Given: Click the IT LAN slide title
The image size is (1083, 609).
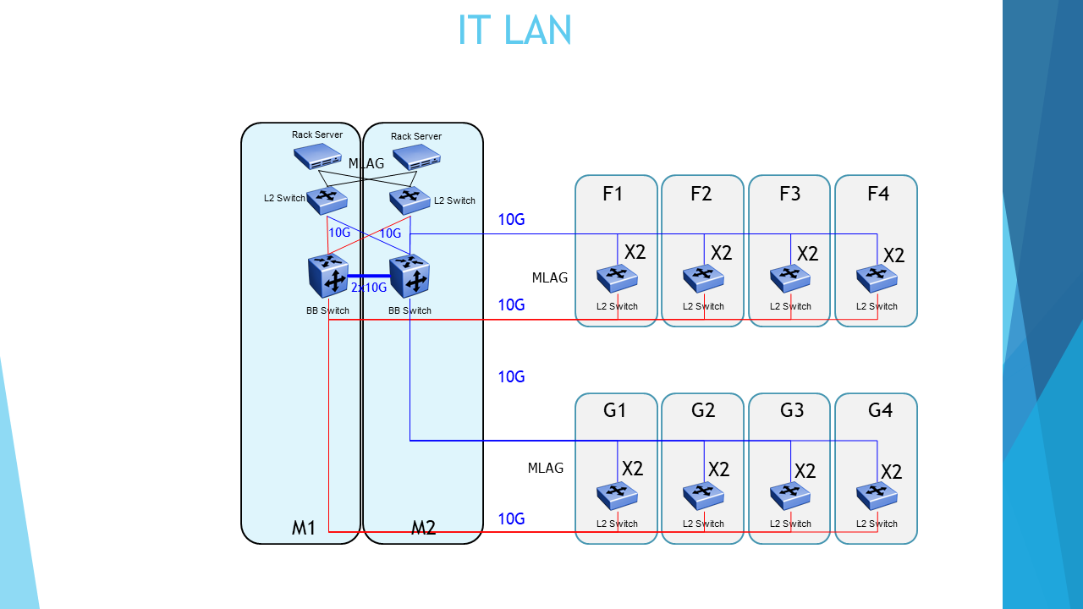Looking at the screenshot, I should tap(514, 30).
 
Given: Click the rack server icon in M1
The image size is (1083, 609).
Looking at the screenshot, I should tap(318, 157).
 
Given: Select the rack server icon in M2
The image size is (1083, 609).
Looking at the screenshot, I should tap(416, 157).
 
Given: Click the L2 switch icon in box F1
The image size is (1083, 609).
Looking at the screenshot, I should tap(617, 277).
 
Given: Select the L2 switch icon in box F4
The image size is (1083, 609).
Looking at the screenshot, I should tap(877, 277).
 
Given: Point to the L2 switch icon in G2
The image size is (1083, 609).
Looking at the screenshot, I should tap(703, 495).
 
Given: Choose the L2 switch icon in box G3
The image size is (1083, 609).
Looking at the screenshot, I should tap(790, 495).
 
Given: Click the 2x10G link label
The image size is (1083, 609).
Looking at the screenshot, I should tap(369, 288).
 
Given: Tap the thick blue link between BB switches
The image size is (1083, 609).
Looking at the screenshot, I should tap(369, 276).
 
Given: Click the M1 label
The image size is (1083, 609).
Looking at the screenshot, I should tap(304, 529).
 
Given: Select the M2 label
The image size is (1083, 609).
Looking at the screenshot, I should tap(423, 529).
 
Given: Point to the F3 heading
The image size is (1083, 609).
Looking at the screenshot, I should tap(789, 194).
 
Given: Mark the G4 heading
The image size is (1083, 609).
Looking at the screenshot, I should tap(880, 410).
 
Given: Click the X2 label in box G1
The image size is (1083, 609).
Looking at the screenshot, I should tap(633, 469).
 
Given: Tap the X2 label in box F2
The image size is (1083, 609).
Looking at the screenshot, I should tap(722, 253).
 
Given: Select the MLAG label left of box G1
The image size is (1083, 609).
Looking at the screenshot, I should tap(546, 468).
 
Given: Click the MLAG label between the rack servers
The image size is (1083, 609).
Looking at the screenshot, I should tap(366, 163).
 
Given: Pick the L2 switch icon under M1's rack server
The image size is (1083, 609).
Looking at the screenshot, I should tap(327, 200).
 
